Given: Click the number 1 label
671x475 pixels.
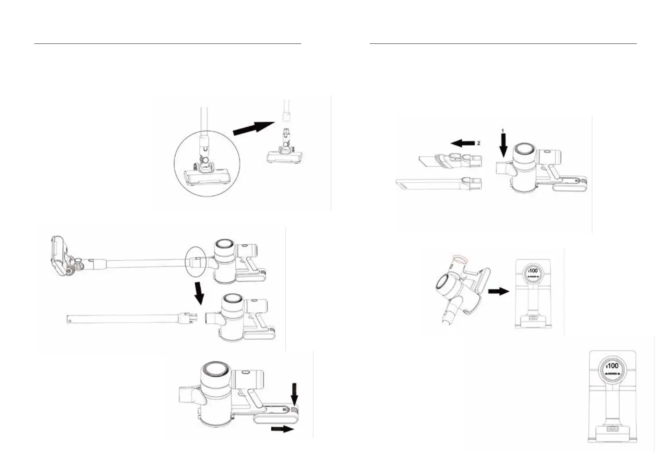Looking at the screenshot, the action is [x=503, y=131].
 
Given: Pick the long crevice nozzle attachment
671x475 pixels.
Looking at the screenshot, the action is [x=438, y=184].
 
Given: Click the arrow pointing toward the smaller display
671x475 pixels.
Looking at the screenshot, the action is [x=498, y=291].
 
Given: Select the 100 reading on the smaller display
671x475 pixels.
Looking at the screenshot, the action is [x=534, y=271].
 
